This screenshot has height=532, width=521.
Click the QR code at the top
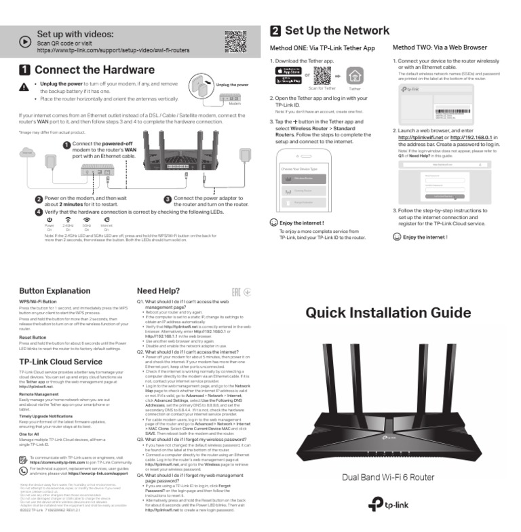click(x=235, y=41)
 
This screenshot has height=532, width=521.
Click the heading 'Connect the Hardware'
click(x=94, y=70)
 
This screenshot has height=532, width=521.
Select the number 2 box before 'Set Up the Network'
click(x=275, y=31)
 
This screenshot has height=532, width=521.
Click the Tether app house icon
click(x=355, y=75)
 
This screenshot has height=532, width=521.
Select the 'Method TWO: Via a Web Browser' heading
click(x=439, y=48)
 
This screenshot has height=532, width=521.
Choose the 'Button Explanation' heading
click(x=54, y=291)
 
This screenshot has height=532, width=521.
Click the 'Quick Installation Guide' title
click(x=387, y=313)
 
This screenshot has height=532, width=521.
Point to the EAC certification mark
click(x=237, y=292)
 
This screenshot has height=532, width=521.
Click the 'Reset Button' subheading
click(x=33, y=337)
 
